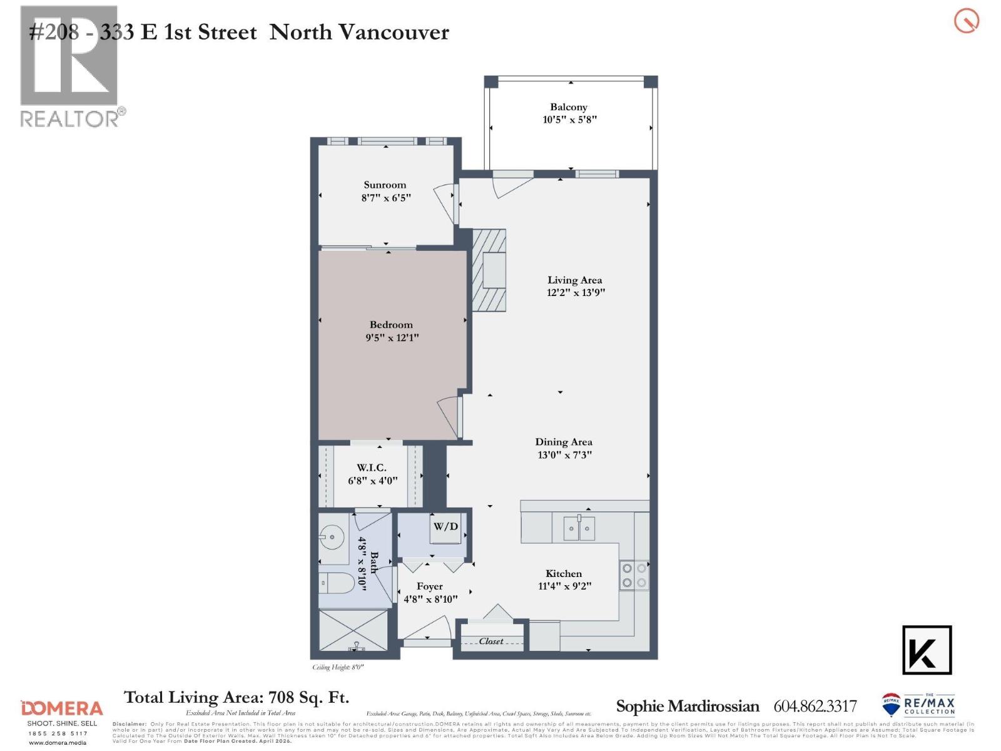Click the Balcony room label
(569, 107)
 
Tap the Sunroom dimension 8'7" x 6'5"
(386, 198)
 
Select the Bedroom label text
(391, 325)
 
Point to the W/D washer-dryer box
(445, 527)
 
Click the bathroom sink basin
(332, 536)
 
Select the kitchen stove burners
(634, 576)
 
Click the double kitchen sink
(579, 529)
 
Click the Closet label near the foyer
(491, 641)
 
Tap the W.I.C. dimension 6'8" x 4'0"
(373, 481)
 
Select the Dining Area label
(564, 442)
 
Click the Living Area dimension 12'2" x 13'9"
(576, 292)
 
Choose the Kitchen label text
(564, 573)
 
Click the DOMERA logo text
(62, 708)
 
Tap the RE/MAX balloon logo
(891, 705)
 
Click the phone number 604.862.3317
(815, 707)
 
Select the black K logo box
(927, 650)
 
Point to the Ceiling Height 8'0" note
(338, 667)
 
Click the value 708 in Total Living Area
(281, 697)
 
